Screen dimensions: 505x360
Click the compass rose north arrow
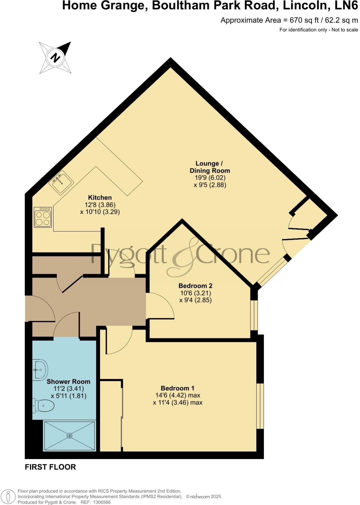point(55,57)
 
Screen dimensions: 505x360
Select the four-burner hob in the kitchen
point(43,217)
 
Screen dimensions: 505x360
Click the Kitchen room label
point(100,198)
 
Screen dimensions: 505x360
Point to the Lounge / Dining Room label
point(210,167)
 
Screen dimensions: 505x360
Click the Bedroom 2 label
point(195,286)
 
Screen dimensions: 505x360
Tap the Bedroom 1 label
point(177,388)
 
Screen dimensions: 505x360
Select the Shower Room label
point(68,382)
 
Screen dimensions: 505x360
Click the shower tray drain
point(70,436)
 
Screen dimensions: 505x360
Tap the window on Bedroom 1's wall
point(260,406)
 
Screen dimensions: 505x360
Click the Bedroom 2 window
point(254,315)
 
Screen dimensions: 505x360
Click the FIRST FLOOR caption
point(50,467)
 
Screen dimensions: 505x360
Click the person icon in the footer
point(8,497)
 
